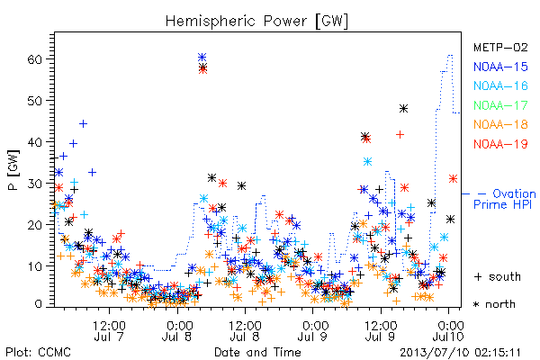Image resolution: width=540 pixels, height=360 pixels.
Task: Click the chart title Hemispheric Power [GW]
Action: click(x=256, y=22)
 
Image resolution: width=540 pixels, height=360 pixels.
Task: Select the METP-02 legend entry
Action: click(x=500, y=47)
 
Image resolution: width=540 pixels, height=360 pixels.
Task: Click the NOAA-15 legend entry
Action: click(x=500, y=67)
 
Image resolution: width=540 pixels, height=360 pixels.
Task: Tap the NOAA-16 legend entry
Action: click(x=500, y=85)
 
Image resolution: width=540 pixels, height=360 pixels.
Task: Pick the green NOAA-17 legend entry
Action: click(x=500, y=105)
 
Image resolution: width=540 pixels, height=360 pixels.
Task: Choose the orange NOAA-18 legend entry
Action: click(x=500, y=124)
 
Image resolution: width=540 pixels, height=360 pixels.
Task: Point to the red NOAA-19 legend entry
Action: click(x=500, y=144)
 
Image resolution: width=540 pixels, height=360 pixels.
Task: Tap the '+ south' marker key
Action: click(x=498, y=276)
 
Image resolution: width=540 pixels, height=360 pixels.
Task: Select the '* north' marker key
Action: click(x=494, y=304)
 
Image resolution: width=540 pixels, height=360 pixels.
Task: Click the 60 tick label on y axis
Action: click(x=34, y=59)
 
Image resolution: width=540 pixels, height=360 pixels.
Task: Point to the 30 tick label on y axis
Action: click(x=34, y=184)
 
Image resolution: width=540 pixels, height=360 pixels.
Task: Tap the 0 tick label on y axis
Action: click(x=38, y=304)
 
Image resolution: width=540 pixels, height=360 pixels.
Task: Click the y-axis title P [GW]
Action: click(x=13, y=170)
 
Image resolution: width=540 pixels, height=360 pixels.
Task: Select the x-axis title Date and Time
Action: click(x=257, y=352)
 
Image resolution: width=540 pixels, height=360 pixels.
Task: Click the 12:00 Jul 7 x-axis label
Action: click(x=109, y=330)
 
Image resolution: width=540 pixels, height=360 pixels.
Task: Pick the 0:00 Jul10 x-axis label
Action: click(x=448, y=330)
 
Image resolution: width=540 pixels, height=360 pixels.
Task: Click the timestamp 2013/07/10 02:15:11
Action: click(x=460, y=353)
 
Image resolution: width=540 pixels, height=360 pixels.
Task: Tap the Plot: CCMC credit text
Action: click(x=38, y=353)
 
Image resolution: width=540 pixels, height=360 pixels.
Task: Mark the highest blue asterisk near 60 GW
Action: click(x=202, y=57)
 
